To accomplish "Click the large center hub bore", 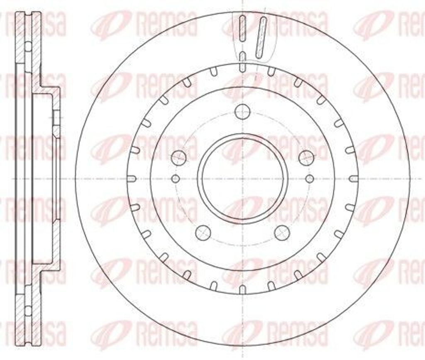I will pyautogui.click(x=243, y=178).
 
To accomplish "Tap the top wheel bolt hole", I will pyautogui.click(x=243, y=111).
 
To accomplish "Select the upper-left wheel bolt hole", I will pyautogui.click(x=179, y=157).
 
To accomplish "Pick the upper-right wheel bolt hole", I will pyautogui.click(x=307, y=157).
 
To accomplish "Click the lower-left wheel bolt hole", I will pyautogui.click(x=203, y=233).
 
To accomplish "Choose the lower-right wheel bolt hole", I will pyautogui.click(x=282, y=233).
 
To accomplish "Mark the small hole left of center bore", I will pyautogui.click(x=176, y=178).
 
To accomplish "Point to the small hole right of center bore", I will pyautogui.click(x=310, y=178).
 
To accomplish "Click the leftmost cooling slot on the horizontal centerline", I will pyautogui.click(x=132, y=179).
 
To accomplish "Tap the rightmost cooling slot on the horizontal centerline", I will pyautogui.click(x=354, y=179).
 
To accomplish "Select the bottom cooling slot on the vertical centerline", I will pyautogui.click(x=243, y=289).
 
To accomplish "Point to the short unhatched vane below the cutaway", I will pyautogui.click(x=243, y=62).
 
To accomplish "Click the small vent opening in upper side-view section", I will pyautogui.click(x=28, y=46).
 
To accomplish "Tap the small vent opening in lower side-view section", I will pyautogui.click(x=28, y=310).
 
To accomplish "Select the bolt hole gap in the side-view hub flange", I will pyautogui.click(x=56, y=118).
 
